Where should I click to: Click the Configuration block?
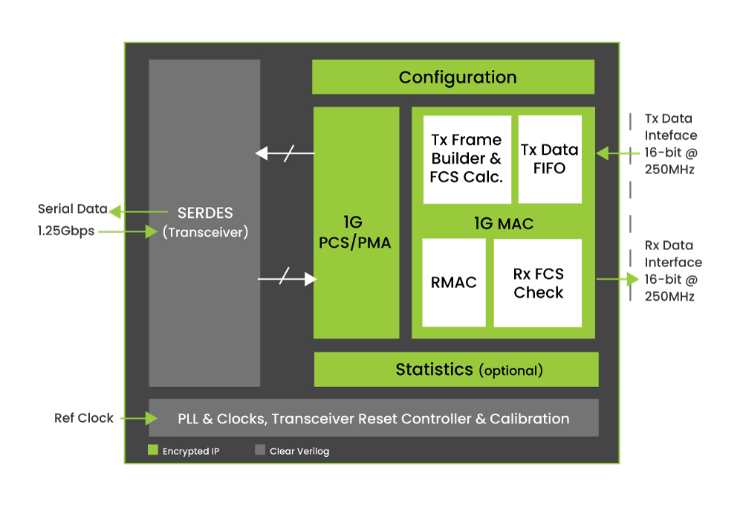click(453, 77)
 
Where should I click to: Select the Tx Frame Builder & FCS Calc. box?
click(467, 159)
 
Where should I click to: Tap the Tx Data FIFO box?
click(550, 159)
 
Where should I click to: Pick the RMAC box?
click(453, 283)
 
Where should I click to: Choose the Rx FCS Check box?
click(538, 283)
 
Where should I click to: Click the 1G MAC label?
click(504, 223)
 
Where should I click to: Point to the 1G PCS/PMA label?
click(354, 233)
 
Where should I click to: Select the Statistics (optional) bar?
click(456, 369)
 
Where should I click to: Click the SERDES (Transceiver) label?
click(205, 222)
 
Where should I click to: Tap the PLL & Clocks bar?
click(374, 417)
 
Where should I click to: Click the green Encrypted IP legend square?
click(152, 449)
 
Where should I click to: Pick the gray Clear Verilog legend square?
click(259, 449)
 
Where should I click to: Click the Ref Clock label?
click(84, 417)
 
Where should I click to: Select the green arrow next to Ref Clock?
click(139, 418)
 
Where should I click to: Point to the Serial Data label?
click(73, 209)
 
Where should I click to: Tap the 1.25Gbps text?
click(66, 231)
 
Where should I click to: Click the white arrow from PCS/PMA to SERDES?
click(285, 153)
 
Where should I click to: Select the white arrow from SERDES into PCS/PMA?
click(287, 279)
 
